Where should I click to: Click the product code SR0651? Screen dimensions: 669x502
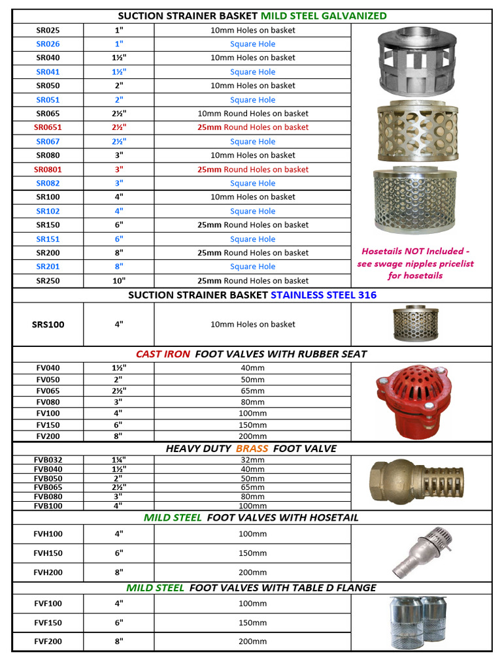48,127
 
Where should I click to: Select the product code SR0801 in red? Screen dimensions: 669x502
48,169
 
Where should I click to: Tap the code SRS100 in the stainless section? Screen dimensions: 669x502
48,324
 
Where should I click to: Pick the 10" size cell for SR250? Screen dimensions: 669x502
118,281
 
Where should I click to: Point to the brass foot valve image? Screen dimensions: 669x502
416,482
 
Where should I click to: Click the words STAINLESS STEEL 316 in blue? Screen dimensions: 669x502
324,295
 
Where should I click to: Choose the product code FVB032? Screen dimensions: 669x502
48,460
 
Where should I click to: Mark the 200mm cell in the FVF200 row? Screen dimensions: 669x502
252,642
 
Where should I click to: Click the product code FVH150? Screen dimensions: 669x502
48,553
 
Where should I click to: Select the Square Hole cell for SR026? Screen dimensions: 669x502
252,44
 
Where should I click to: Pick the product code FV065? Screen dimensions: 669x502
48,391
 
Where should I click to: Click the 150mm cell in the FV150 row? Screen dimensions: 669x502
252,425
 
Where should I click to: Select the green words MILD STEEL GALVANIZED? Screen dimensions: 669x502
324,16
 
